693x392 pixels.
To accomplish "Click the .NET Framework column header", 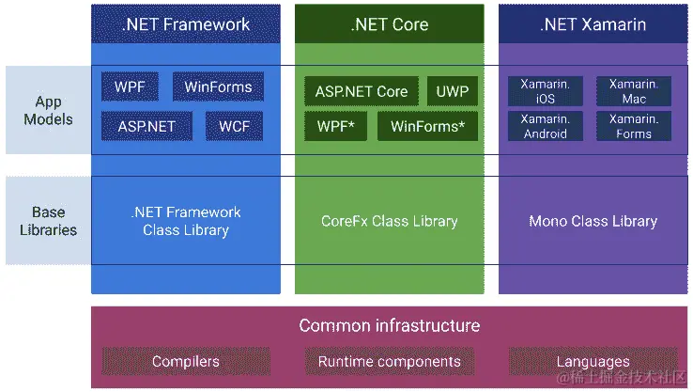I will [186, 24].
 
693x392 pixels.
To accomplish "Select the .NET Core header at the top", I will [389, 24].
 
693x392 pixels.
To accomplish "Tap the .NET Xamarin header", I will [593, 24].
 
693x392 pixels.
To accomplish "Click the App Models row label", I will [47, 110].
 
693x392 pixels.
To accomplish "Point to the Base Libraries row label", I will [47, 220].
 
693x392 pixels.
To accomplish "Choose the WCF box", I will [234, 125].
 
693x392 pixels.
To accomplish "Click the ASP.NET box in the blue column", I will [146, 125].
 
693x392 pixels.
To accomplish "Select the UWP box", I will [452, 91].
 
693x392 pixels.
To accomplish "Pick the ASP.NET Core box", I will [362, 91].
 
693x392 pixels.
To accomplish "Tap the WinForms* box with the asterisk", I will [427, 126].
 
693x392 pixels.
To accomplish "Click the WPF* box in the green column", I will [335, 126].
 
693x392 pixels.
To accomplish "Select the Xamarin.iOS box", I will [546, 91].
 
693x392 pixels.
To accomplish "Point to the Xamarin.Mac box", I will [634, 91].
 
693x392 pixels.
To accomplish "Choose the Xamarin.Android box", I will [546, 126].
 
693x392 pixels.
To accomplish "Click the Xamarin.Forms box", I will [634, 126].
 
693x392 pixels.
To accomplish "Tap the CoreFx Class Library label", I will [389, 222].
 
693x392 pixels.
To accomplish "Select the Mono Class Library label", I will [593, 222].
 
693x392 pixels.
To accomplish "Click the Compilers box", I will [186, 362].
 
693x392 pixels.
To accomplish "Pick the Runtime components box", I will [389, 362].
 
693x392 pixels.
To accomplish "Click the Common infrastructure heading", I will [389, 326].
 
